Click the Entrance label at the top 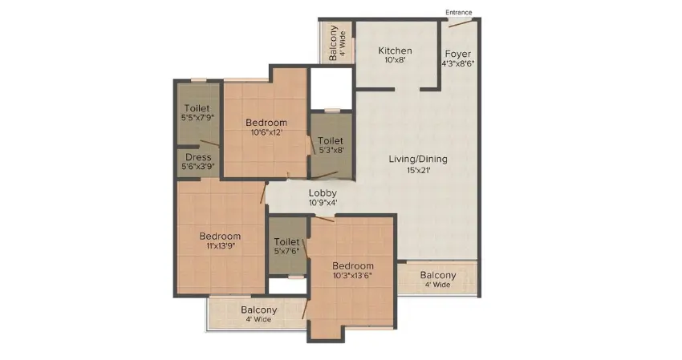click(459, 12)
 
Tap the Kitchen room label click(396, 51)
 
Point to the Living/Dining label click(418, 159)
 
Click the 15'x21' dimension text click(418, 170)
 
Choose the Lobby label click(323, 193)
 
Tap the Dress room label click(197, 157)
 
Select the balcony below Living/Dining click(438, 279)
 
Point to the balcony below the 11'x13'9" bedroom click(258, 313)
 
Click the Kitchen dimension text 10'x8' click(396, 61)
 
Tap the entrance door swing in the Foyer click(460, 23)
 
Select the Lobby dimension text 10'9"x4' click(323, 204)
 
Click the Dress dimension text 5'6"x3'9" click(197, 168)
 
